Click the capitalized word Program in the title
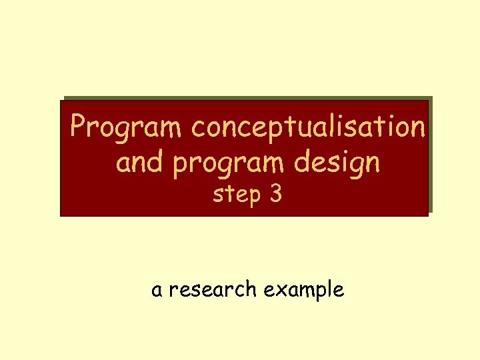(x=127, y=127)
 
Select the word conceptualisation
(x=307, y=127)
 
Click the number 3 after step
(x=276, y=195)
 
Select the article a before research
(x=157, y=291)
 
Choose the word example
(x=304, y=291)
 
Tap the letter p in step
(x=253, y=198)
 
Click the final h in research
(x=251, y=289)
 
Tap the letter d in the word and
(x=157, y=161)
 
